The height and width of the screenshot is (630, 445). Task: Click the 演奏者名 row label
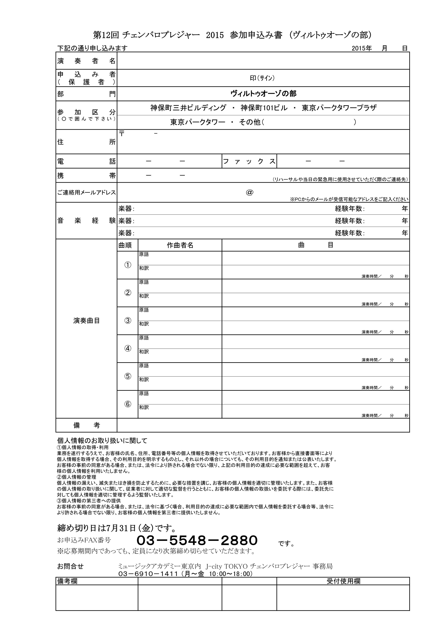coord(86,61)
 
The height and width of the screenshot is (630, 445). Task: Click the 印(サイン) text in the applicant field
coord(262,78)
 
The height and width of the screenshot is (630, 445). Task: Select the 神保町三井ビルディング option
coord(188,108)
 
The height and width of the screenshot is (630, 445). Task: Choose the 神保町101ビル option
coord(264,108)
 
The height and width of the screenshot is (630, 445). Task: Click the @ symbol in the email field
coord(250,192)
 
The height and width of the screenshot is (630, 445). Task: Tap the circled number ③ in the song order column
coord(128,321)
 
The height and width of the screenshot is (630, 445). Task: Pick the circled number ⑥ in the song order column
coord(128,404)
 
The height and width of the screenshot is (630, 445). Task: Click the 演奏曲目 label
coord(86,321)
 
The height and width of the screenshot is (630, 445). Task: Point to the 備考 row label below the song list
coord(86,426)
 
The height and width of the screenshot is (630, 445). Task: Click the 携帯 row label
coord(86,176)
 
